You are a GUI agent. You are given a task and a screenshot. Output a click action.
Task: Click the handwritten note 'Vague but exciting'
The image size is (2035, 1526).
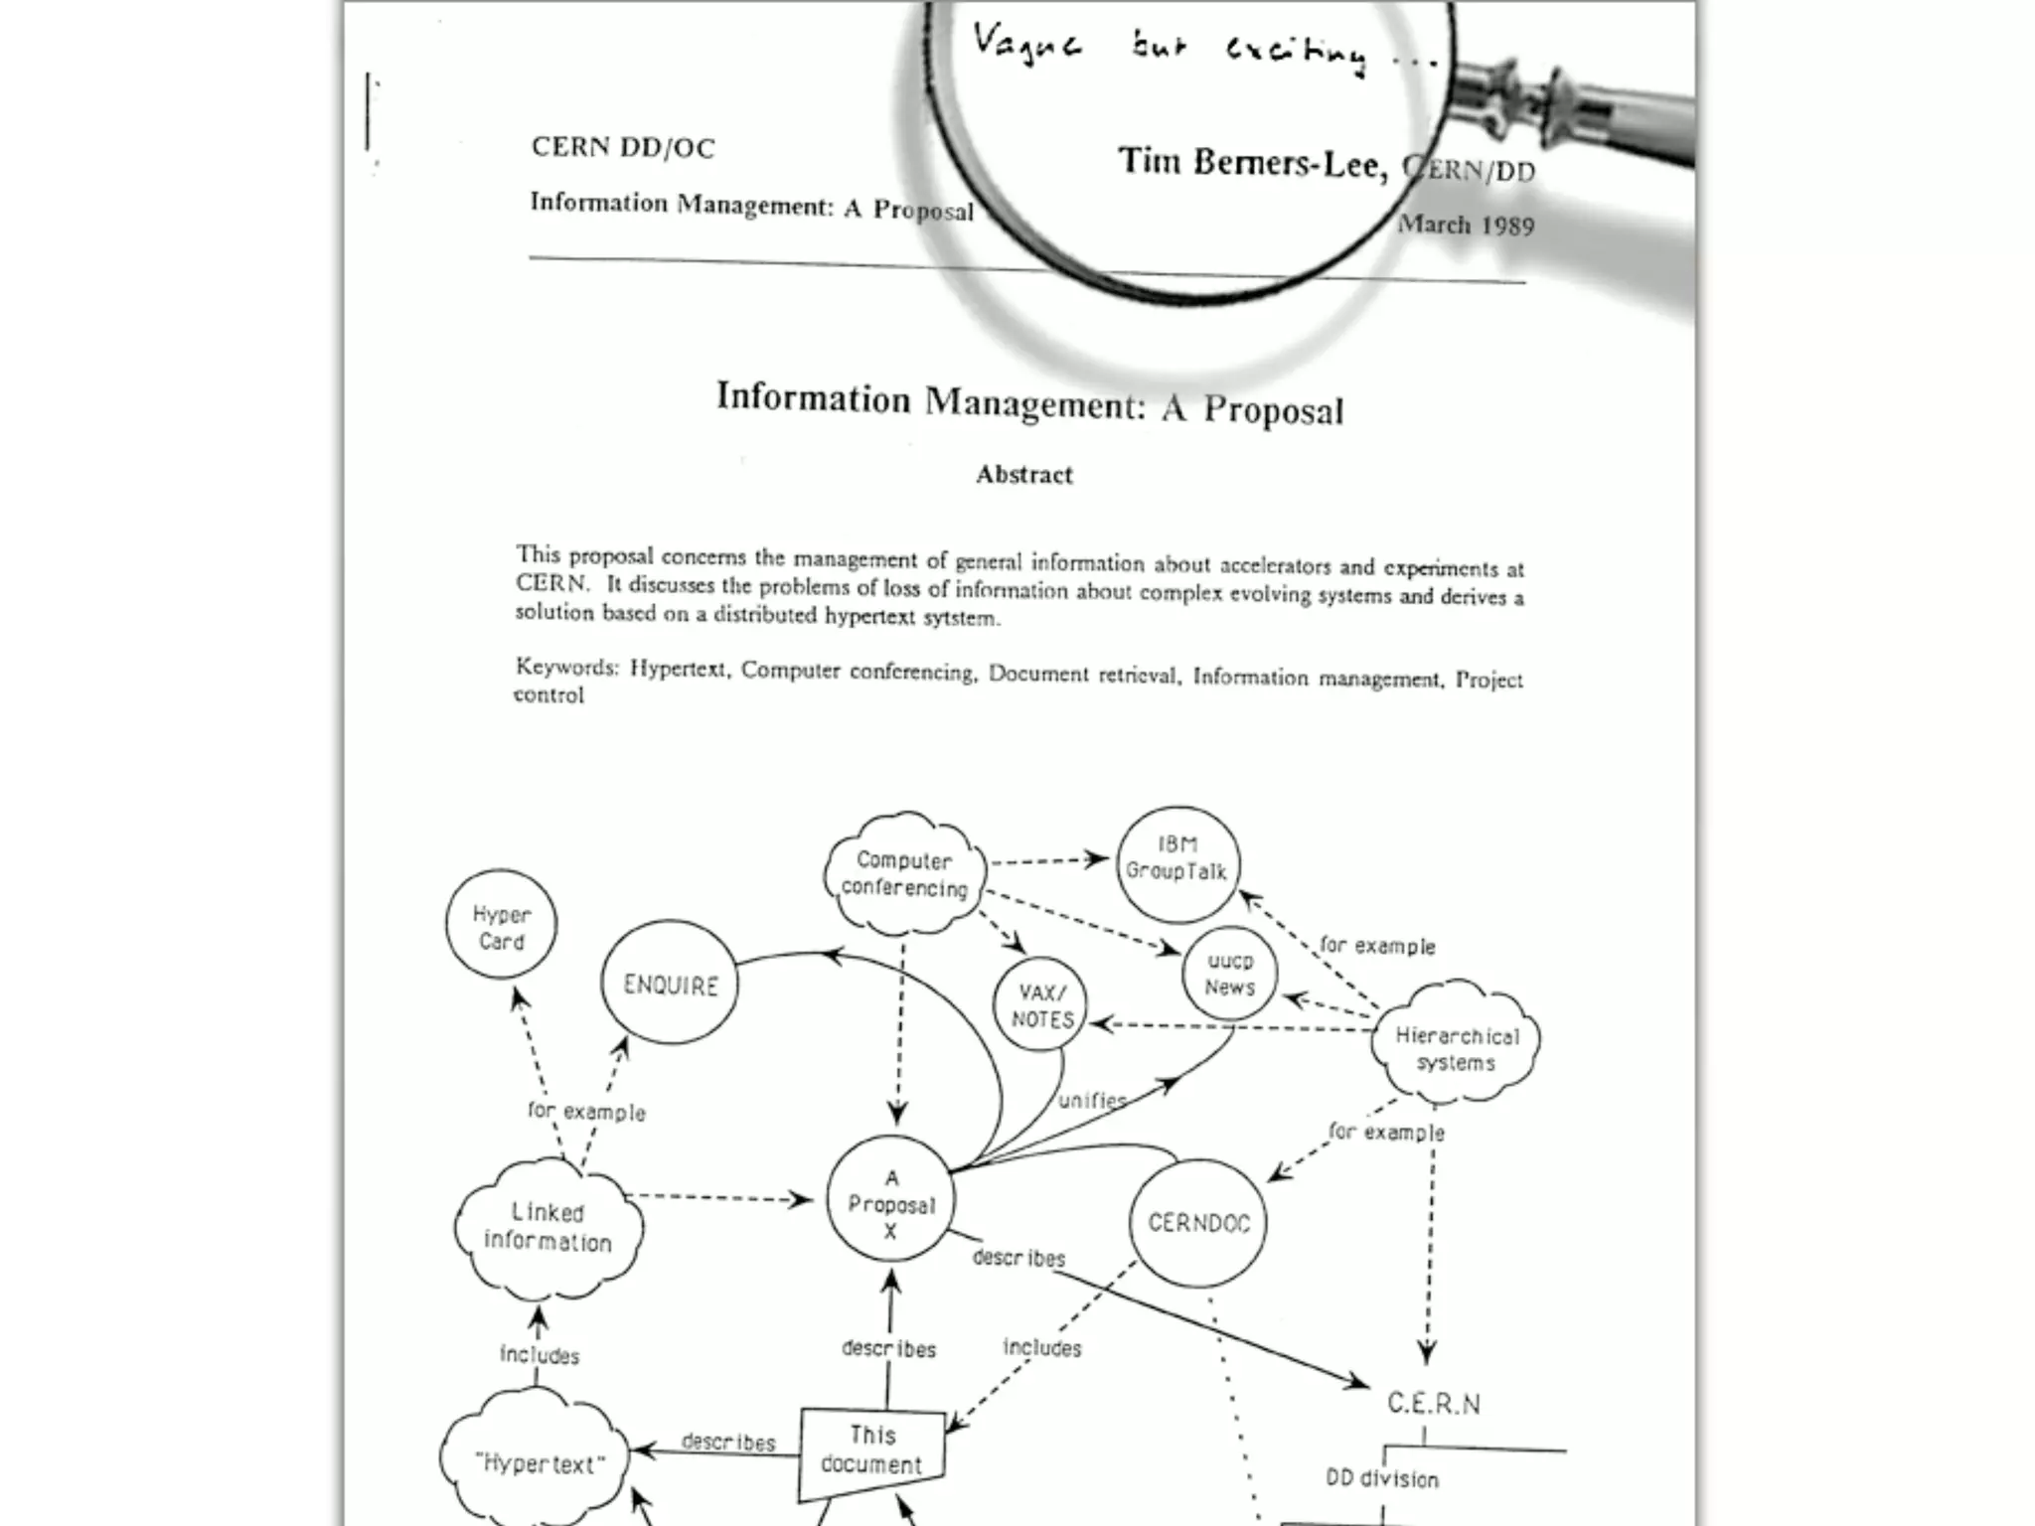point(1202,50)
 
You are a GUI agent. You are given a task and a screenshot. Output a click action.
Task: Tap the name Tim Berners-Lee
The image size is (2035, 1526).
point(1252,163)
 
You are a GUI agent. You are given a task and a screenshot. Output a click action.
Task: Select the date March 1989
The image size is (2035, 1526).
point(1466,226)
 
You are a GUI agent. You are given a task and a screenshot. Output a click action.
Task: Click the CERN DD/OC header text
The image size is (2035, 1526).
point(623,148)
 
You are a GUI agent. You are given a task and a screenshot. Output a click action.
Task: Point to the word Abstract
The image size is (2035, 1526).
point(1024,475)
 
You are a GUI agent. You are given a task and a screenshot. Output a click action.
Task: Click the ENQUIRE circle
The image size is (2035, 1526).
point(670,984)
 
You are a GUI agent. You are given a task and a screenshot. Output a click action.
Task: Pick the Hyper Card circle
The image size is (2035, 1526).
point(501,926)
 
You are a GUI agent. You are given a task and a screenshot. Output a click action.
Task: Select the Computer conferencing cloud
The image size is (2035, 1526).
point(904,874)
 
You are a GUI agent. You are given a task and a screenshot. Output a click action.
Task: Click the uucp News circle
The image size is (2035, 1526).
point(1230,974)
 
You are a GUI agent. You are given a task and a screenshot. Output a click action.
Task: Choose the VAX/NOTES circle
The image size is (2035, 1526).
point(1041,1005)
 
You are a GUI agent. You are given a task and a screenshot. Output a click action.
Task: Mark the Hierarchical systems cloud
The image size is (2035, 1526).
point(1456,1047)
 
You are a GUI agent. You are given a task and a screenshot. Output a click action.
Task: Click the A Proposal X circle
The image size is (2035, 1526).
point(890,1202)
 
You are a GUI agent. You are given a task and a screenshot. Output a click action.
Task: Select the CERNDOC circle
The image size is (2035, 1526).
point(1198,1222)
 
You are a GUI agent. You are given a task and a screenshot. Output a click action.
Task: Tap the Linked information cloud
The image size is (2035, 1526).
point(548,1228)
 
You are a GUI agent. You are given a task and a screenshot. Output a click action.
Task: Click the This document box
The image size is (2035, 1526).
point(871,1450)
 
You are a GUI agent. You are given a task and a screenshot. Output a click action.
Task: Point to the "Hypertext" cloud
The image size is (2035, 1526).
point(538,1462)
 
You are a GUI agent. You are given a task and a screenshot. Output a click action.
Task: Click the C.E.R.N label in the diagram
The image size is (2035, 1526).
point(1433,1404)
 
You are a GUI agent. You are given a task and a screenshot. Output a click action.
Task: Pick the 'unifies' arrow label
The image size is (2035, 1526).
point(1091,1100)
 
